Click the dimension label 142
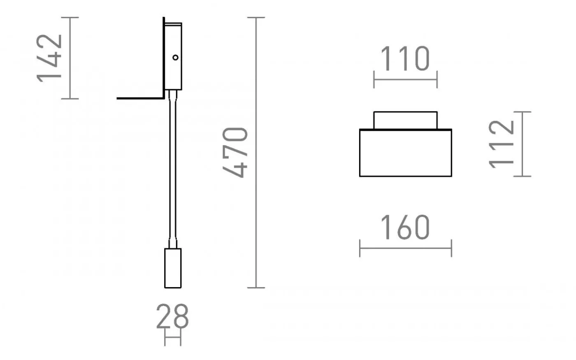click(50, 58)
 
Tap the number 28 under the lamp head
click(172, 316)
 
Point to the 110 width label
click(405, 59)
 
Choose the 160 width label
click(405, 228)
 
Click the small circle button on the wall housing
click(176, 58)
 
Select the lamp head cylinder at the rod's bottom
click(173, 268)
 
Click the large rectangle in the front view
click(405, 153)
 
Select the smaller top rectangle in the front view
click(405, 120)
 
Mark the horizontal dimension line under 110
click(405, 79)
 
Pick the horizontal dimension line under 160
click(405, 248)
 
